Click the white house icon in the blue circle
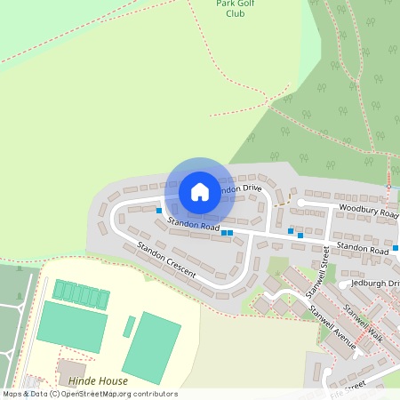200,191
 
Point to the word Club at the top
236,14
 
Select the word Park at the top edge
227,4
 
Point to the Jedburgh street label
375,284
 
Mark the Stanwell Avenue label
331,327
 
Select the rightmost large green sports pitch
151,347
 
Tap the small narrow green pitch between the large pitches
129,326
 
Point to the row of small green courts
81,295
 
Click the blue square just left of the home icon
159,211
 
